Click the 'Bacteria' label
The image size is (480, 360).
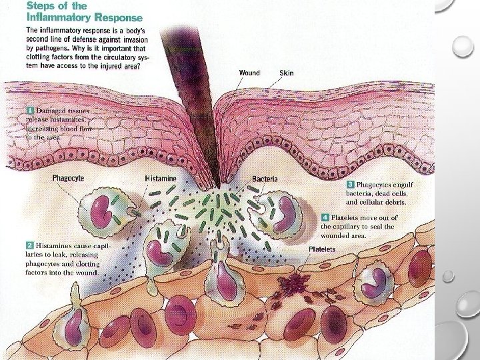click(x=265, y=180)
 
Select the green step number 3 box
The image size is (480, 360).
click(x=350, y=183)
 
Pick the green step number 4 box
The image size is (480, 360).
click(x=325, y=217)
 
